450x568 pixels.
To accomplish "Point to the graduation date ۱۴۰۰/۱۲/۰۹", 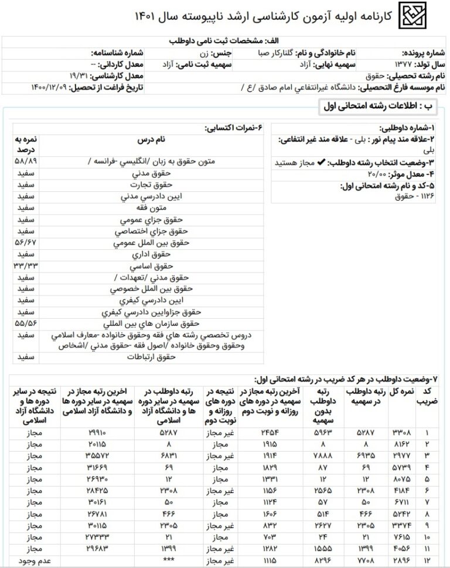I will tap(49, 88).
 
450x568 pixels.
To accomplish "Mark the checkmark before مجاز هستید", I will tap(321, 163).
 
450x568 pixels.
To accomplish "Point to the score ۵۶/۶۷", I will tap(26, 241).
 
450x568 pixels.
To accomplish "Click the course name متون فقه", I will tap(154, 208).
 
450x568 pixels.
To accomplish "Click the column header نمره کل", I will tap(401, 391).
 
